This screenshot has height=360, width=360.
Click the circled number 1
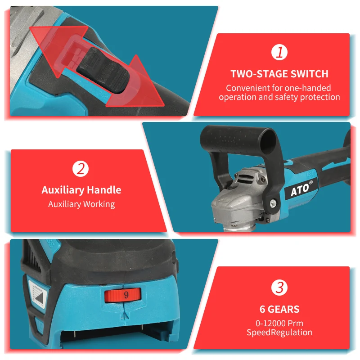tap(279, 53)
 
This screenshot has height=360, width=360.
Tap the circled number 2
tap(81, 169)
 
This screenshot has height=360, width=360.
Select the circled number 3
tap(279, 288)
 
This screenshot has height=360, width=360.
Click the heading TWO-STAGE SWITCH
tap(279, 74)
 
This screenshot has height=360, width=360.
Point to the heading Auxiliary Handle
tap(81, 190)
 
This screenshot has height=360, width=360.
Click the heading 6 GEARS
tap(279, 309)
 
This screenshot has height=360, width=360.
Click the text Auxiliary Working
tap(81, 204)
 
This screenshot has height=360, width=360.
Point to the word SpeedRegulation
tap(279, 333)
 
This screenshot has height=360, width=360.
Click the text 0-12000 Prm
tap(279, 323)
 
